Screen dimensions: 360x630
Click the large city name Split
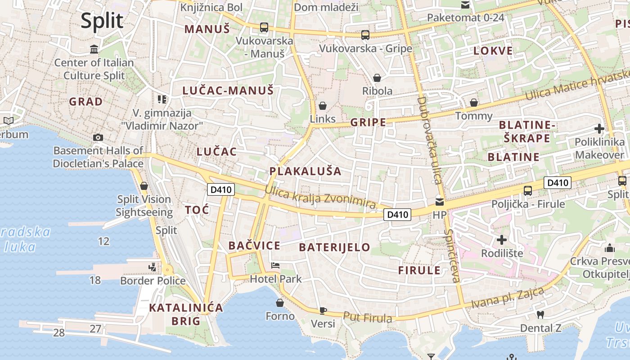pyautogui.click(x=102, y=21)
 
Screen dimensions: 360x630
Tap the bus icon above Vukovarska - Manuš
pyautogui.click(x=264, y=27)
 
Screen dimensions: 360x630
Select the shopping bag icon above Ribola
pyautogui.click(x=377, y=78)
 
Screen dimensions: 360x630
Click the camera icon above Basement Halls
pyautogui.click(x=98, y=137)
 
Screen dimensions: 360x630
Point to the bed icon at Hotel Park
pyautogui.click(x=275, y=265)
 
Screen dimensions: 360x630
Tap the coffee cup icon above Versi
pyautogui.click(x=323, y=310)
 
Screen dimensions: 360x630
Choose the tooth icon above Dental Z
pyautogui.click(x=540, y=315)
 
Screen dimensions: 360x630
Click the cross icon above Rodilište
pyautogui.click(x=502, y=240)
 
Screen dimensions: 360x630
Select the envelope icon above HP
pyautogui.click(x=439, y=202)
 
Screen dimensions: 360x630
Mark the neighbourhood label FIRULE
pyautogui.click(x=419, y=270)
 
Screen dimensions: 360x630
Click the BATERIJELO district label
pyautogui.click(x=334, y=247)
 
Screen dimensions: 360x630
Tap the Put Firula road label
pyautogui.click(x=367, y=318)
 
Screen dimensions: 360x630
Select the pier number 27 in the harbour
pyautogui.click(x=95, y=328)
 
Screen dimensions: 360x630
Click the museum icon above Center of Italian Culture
pyautogui.click(x=94, y=49)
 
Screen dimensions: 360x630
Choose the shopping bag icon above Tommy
pyautogui.click(x=473, y=103)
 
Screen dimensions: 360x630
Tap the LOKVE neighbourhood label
pyautogui.click(x=493, y=50)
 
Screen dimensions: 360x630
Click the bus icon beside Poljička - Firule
pyautogui.click(x=528, y=191)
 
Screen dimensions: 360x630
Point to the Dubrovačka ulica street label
pyautogui.click(x=430, y=140)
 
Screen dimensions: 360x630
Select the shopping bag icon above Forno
pyautogui.click(x=280, y=303)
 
